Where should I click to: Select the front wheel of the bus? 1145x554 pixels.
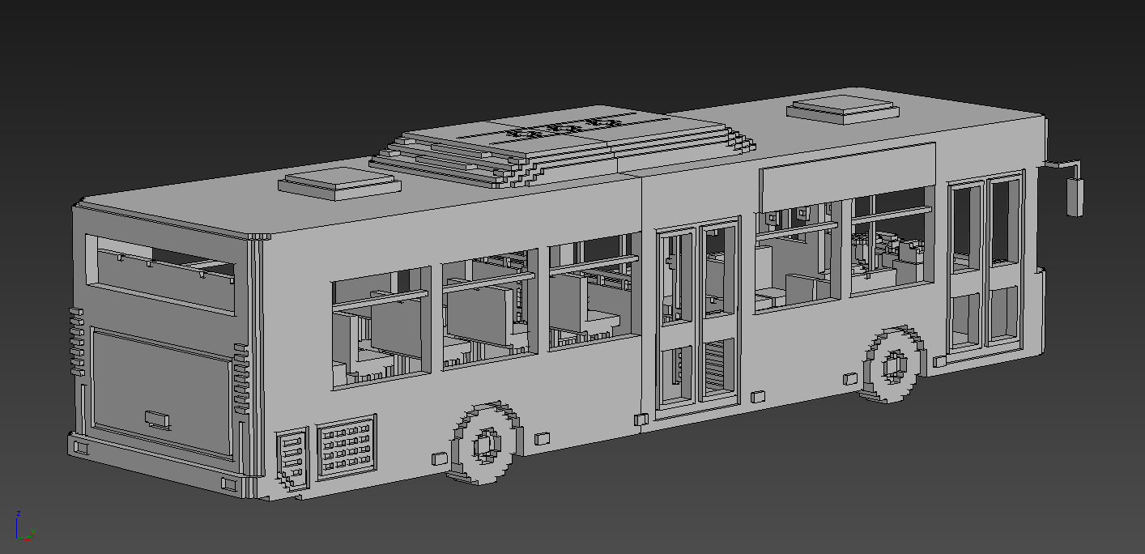[x=895, y=365]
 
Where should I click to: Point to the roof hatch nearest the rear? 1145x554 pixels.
[x=340, y=184]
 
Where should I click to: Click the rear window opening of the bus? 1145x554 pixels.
[x=160, y=275]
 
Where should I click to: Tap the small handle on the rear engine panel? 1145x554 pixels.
[x=157, y=419]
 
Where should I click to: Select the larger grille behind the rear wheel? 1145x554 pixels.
[x=346, y=445]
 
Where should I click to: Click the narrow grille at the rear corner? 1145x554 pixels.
[x=292, y=459]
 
